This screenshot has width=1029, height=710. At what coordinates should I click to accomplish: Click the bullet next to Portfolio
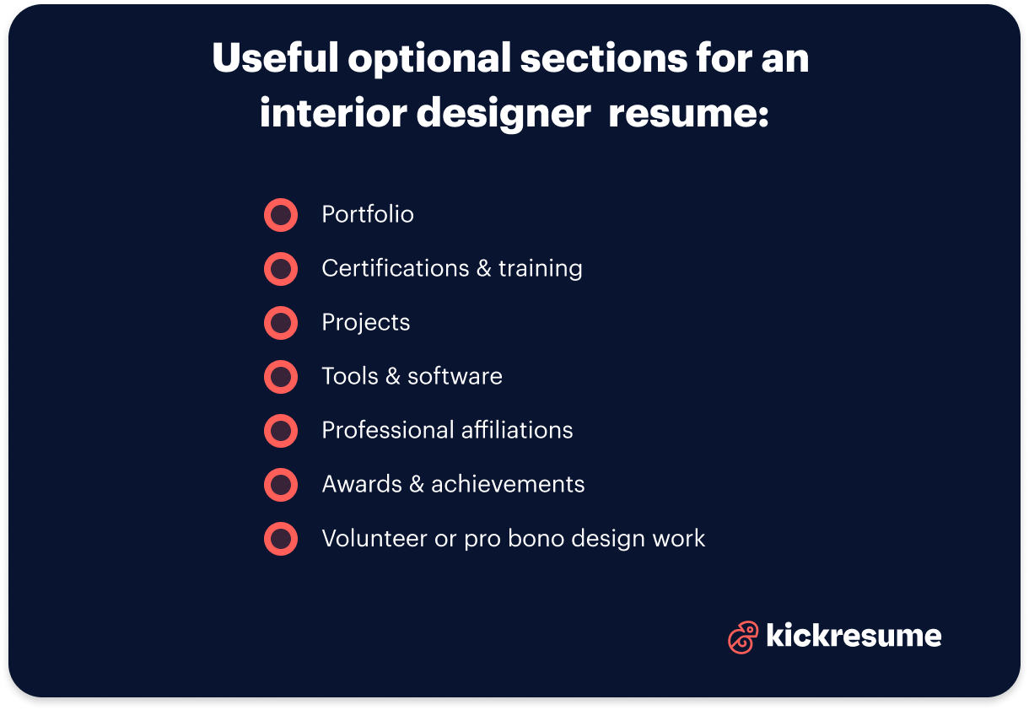point(281,215)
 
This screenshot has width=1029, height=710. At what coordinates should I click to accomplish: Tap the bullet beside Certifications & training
point(281,269)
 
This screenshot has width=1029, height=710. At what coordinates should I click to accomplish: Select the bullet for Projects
point(281,323)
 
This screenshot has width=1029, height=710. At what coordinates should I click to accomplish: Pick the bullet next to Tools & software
point(281,377)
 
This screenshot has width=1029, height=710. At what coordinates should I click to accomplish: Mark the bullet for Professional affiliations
point(281,431)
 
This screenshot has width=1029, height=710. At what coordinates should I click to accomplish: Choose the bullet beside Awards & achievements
point(281,485)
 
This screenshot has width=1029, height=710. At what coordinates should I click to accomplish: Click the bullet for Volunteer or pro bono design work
point(281,539)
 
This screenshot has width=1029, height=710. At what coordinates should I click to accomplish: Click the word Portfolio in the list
point(368,215)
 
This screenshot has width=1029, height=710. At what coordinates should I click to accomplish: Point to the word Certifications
point(395,269)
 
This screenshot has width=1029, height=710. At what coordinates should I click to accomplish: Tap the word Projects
point(366,323)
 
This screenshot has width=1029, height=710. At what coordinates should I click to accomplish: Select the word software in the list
point(455,376)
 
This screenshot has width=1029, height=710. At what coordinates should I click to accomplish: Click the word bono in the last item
point(539,538)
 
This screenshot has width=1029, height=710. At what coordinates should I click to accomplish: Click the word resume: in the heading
point(688,113)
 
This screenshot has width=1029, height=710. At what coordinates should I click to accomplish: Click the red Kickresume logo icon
point(742,637)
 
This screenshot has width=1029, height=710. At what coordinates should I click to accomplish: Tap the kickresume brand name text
point(854,635)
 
